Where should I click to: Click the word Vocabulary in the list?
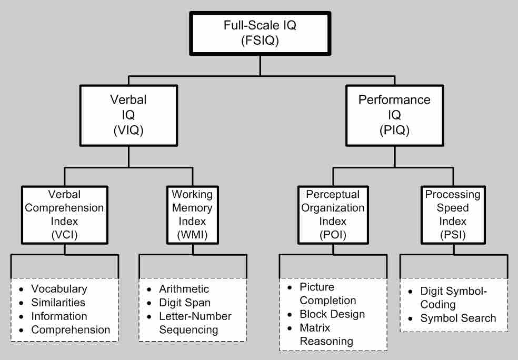59,289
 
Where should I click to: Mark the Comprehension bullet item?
71,330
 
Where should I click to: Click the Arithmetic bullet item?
184,289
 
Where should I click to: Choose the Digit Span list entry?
184,303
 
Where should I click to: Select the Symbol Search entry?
458,317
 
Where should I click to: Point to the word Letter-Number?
195,316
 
